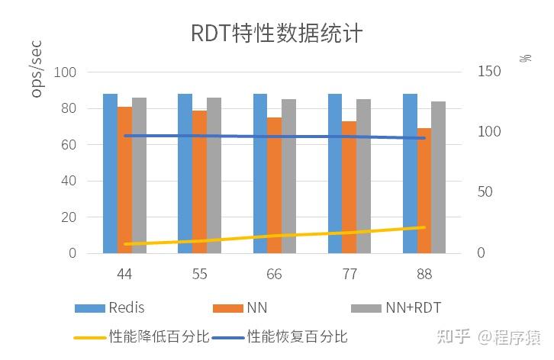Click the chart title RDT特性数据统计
click(x=276, y=34)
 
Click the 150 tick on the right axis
click(x=488, y=72)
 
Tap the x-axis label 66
click(x=274, y=274)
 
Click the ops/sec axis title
click(x=37, y=70)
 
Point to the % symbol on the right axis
click(x=525, y=59)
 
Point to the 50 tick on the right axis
click(x=486, y=192)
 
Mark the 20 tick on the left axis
click(x=69, y=217)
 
